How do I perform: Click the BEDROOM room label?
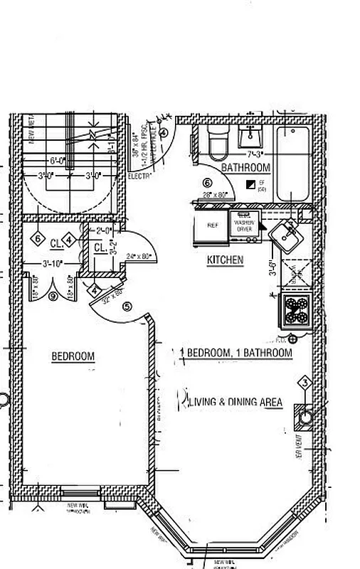click(x=73, y=356)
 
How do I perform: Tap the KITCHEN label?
click(x=225, y=260)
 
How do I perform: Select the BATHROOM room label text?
click(x=245, y=168)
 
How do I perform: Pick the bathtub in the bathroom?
click(x=292, y=164)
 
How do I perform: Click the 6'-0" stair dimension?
click(x=58, y=159)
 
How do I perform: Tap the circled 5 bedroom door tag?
click(x=127, y=307)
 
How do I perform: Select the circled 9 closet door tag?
click(x=52, y=297)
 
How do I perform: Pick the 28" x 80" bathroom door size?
click(x=213, y=194)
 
